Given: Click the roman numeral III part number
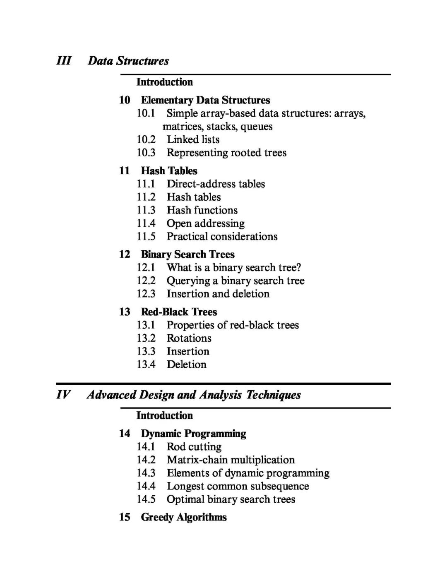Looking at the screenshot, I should pyautogui.click(x=64, y=61).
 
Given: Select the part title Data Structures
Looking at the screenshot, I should pyautogui.click(x=128, y=61).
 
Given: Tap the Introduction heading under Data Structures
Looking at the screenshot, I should pyautogui.click(x=165, y=82).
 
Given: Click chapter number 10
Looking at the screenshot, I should pyautogui.click(x=125, y=100).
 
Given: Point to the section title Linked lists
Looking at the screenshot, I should pyautogui.click(x=193, y=139).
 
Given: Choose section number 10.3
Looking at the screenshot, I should pyautogui.click(x=146, y=153).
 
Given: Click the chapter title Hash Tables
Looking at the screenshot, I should pyautogui.click(x=169, y=171).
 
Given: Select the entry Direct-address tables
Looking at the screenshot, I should pyautogui.click(x=216, y=184).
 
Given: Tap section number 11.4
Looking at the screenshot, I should pyautogui.click(x=146, y=223).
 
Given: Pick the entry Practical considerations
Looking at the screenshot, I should pyautogui.click(x=222, y=237).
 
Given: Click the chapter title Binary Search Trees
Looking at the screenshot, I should pyautogui.click(x=187, y=254).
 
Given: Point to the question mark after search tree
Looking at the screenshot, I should pyautogui.click(x=299, y=268).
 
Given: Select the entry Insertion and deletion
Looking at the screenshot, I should pyautogui.click(x=218, y=294).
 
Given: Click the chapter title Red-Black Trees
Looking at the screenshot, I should pyautogui.click(x=179, y=312).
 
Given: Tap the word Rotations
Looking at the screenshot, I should pyautogui.click(x=189, y=338).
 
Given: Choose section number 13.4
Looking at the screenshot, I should pyautogui.click(x=146, y=365).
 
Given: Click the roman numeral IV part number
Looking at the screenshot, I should pyautogui.click(x=63, y=395).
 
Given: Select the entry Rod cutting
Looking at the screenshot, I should pyautogui.click(x=194, y=447).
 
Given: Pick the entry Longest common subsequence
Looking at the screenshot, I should pyautogui.click(x=238, y=486).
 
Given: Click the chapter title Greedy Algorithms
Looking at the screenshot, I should pyautogui.click(x=184, y=517).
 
